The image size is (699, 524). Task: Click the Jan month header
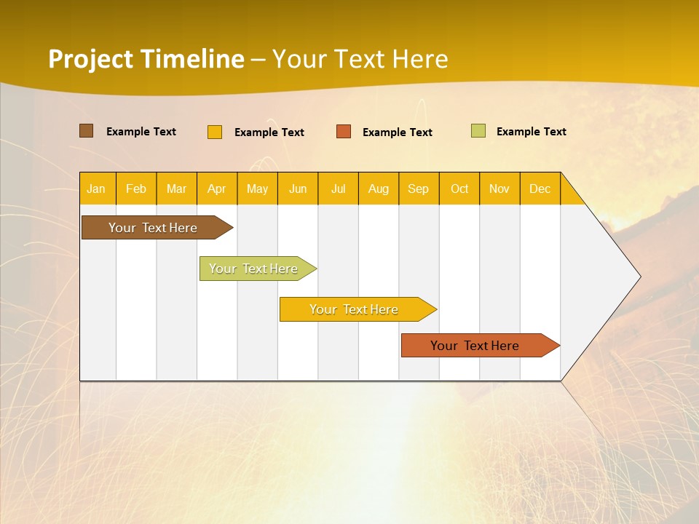[x=96, y=188]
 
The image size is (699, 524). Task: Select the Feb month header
[x=136, y=188]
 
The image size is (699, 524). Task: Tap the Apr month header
[x=216, y=188]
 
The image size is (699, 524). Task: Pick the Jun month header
[x=298, y=188]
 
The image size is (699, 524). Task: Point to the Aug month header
[x=378, y=188]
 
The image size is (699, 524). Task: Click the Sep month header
[x=418, y=188]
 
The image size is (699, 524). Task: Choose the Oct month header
[x=459, y=188]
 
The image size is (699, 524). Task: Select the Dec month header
[x=540, y=188]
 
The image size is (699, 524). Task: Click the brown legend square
[x=87, y=131]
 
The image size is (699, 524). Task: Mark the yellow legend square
[x=215, y=132]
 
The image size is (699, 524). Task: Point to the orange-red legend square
[x=344, y=132]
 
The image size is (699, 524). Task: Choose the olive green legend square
[x=478, y=131]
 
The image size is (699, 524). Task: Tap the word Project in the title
[x=89, y=59]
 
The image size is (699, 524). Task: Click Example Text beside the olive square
[x=531, y=132]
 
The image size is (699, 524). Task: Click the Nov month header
[x=499, y=188]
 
